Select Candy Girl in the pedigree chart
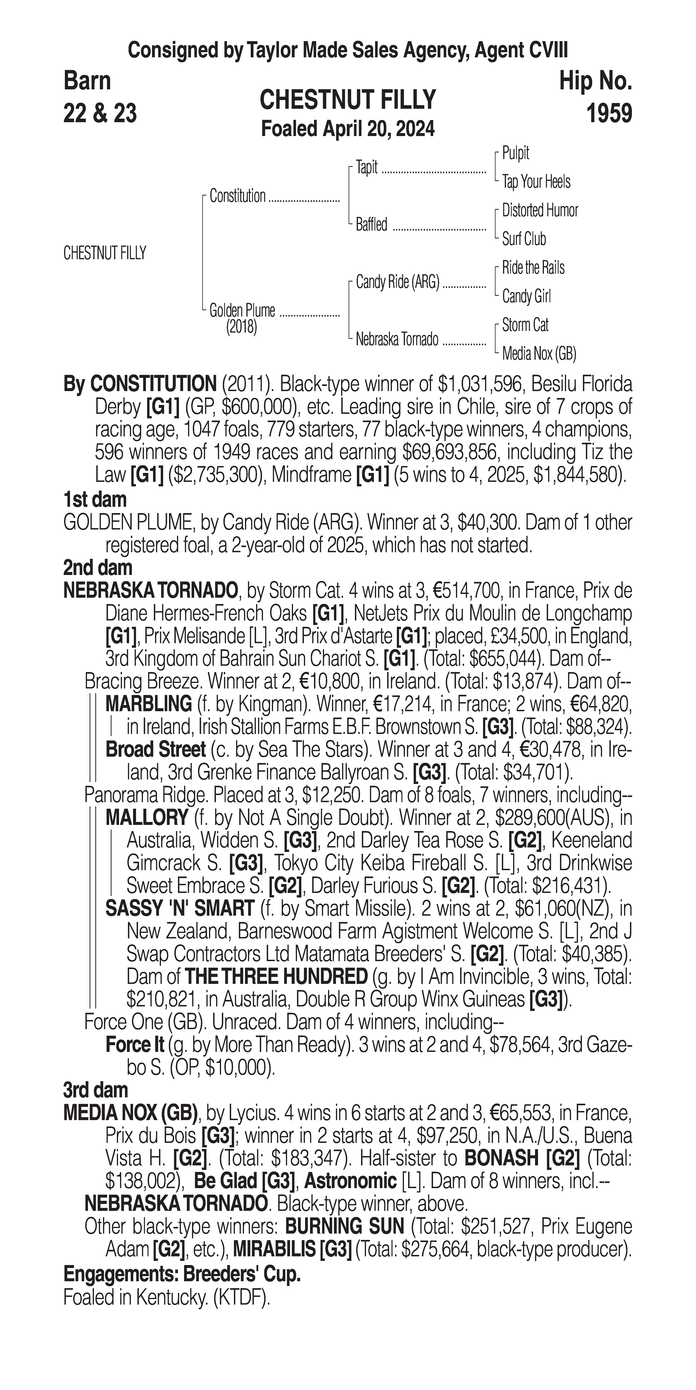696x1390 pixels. (x=526, y=296)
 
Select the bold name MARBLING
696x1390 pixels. (x=148, y=704)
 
